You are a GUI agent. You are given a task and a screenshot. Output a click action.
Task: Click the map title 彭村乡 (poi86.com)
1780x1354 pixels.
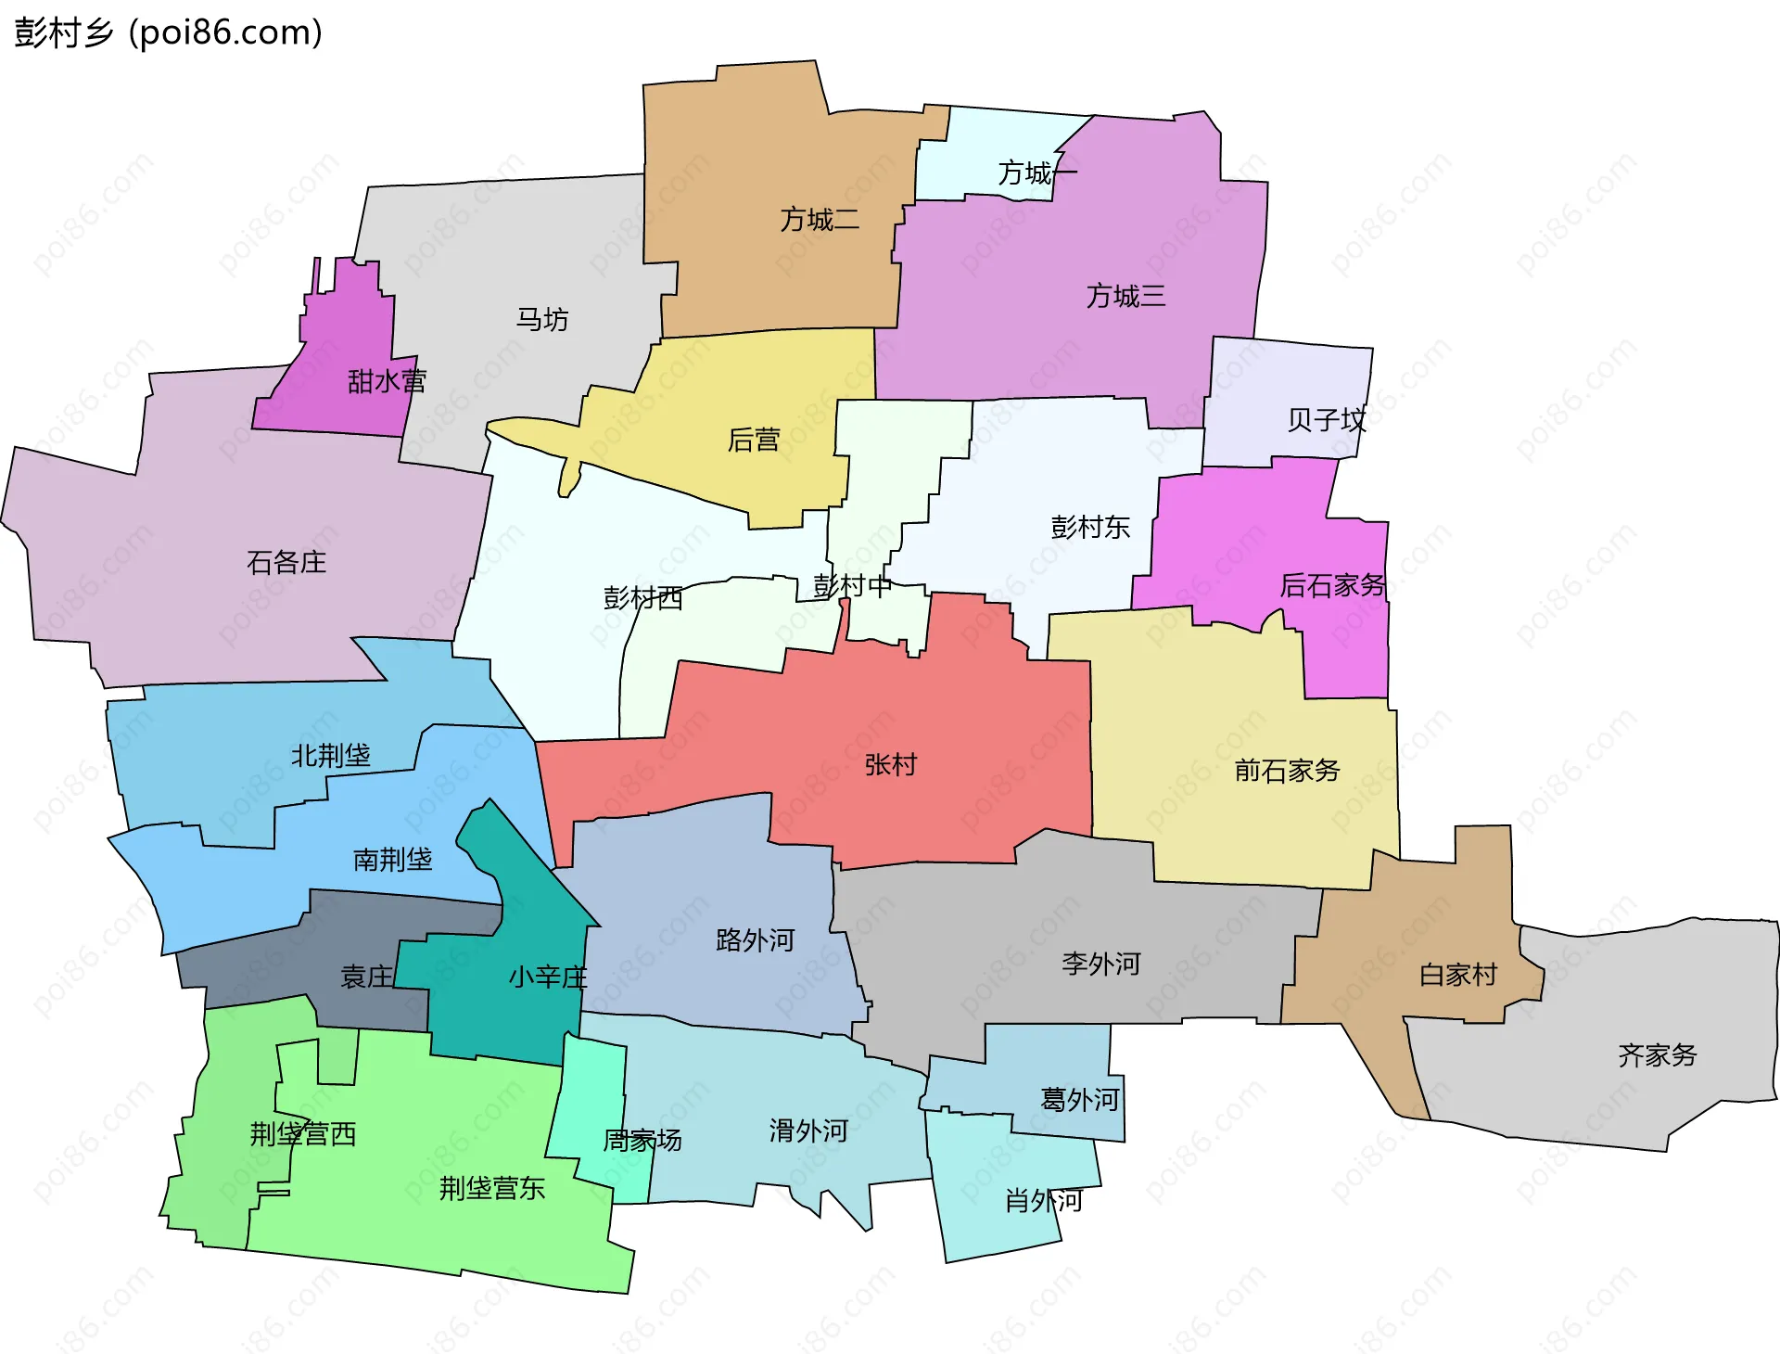(168, 32)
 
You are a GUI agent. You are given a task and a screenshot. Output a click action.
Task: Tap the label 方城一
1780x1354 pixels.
(1036, 172)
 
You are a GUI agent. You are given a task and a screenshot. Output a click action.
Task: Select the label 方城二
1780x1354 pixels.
(820, 220)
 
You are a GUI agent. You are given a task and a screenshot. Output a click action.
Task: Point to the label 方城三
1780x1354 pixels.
(1125, 296)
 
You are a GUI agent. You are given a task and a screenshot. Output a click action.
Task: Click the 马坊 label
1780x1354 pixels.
(542, 320)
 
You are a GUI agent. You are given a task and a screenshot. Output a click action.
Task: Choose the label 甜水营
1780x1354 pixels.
(387, 381)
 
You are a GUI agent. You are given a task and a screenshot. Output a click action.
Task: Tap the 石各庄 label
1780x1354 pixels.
(286, 562)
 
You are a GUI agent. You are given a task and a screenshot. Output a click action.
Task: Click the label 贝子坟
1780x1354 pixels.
(1327, 420)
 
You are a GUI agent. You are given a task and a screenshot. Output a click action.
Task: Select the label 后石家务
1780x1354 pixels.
(1332, 585)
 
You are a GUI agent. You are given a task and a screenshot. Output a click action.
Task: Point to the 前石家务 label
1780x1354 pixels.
(1287, 771)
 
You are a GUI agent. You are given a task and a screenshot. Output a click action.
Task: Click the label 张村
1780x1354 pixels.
(890, 765)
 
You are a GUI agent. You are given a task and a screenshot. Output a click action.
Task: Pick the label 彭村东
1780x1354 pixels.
(1090, 528)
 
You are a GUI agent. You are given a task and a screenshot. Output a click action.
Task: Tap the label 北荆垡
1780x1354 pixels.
(331, 756)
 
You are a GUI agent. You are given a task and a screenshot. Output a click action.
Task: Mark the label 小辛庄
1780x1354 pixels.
(548, 977)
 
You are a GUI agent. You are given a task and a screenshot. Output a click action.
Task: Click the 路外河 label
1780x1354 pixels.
(756, 940)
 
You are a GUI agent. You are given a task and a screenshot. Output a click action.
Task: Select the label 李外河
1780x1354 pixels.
(1101, 964)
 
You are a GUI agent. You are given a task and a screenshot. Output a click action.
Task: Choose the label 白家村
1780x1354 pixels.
(1458, 975)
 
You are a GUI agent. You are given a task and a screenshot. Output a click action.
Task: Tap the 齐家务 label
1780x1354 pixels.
(1658, 1055)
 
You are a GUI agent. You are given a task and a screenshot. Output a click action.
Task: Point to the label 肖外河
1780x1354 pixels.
(1044, 1201)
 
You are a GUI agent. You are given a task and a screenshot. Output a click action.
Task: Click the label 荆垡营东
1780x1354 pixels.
(492, 1188)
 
